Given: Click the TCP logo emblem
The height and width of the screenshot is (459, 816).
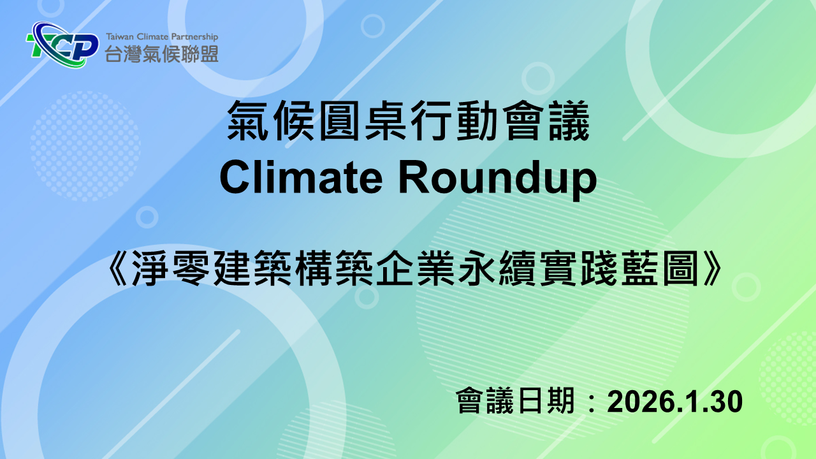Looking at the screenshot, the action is pyautogui.click(x=62, y=45).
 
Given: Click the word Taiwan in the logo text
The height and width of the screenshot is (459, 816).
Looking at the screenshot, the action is pyautogui.click(x=120, y=37).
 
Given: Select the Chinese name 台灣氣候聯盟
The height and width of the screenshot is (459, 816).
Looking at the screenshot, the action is pyautogui.click(x=162, y=54).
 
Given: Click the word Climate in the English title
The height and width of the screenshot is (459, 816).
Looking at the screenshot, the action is pyautogui.click(x=301, y=178).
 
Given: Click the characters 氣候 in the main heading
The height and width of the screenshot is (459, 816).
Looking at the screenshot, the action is pyautogui.click(x=272, y=120).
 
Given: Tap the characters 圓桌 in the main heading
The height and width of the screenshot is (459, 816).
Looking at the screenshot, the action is pyautogui.click(x=363, y=120).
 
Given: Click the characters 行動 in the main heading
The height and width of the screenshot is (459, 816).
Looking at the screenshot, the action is pyautogui.click(x=454, y=120).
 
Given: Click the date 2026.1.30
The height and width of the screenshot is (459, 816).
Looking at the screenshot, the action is pyautogui.click(x=674, y=402).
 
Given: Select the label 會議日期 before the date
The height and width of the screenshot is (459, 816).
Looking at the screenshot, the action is pyautogui.click(x=516, y=401).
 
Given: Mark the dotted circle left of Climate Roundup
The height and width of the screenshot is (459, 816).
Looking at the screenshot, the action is pyautogui.click(x=85, y=147).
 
